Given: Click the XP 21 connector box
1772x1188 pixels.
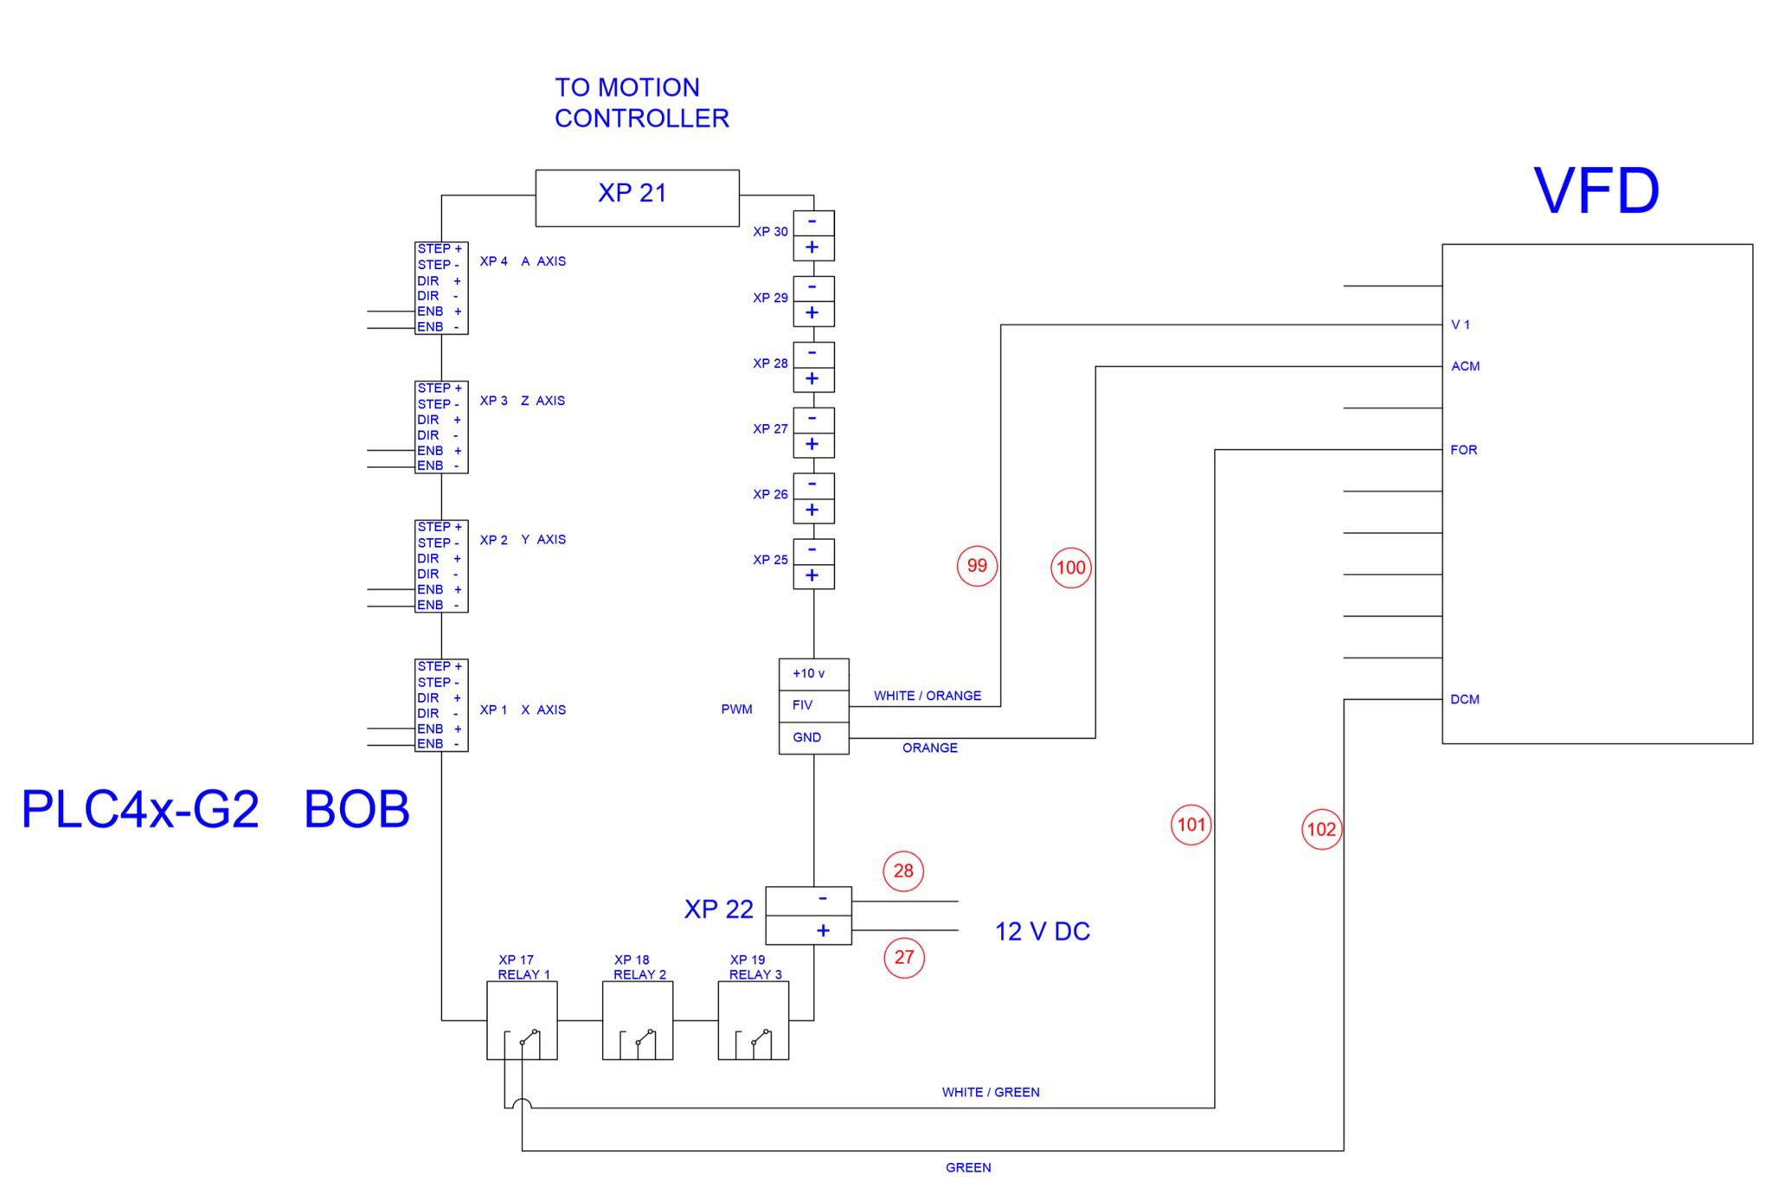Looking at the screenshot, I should pos(637,197).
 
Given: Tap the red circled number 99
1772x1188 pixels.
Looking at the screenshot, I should pos(977,566).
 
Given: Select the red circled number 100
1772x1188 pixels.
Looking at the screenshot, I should pos(1070,568).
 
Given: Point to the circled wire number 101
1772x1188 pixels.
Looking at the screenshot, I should pos(1191,825).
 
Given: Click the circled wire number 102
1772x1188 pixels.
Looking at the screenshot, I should pos(1321,829).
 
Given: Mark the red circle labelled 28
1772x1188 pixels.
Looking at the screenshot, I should pos(903,870).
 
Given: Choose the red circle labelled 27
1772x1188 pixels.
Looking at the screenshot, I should pos(903,957).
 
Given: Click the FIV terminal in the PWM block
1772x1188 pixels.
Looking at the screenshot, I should pos(812,705).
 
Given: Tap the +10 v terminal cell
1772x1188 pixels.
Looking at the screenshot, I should pos(812,674).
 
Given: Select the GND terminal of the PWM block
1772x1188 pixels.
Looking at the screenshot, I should pos(812,738).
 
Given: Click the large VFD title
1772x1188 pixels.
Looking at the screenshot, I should pos(1596,191).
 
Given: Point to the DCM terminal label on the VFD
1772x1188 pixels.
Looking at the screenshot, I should pos(1465,699).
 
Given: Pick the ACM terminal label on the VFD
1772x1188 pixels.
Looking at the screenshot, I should pos(1465,366).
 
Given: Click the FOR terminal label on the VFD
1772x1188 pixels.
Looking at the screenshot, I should pos(1463,450).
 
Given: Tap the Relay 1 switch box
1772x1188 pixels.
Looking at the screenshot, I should pos(522,1021).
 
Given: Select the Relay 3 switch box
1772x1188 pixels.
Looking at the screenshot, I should pos(753,1021).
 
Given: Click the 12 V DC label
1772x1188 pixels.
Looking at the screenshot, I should pos(1042,932).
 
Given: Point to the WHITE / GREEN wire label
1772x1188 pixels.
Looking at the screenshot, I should pos(991,1092).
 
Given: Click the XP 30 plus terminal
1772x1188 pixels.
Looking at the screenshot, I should pos(813,248).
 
